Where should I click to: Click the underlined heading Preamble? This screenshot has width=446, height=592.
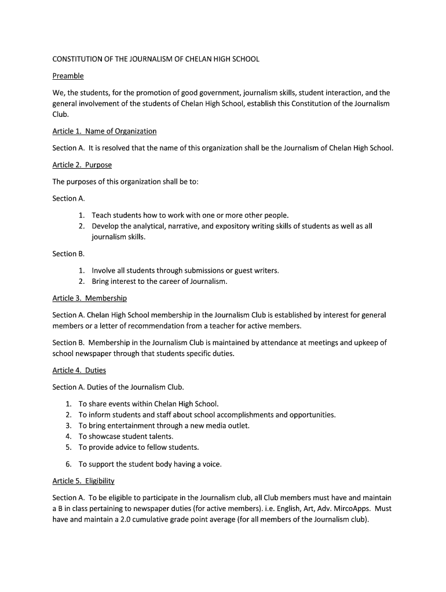click(x=68, y=76)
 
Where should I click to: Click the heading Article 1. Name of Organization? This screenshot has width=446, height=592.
click(x=104, y=131)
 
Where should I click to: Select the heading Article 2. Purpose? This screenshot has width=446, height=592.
click(x=82, y=165)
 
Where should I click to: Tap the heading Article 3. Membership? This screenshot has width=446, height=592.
click(x=89, y=298)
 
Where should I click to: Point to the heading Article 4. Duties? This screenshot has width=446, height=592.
click(x=79, y=370)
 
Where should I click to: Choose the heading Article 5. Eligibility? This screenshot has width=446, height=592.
click(x=83, y=481)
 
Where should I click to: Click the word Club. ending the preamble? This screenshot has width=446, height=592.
click(x=60, y=114)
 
